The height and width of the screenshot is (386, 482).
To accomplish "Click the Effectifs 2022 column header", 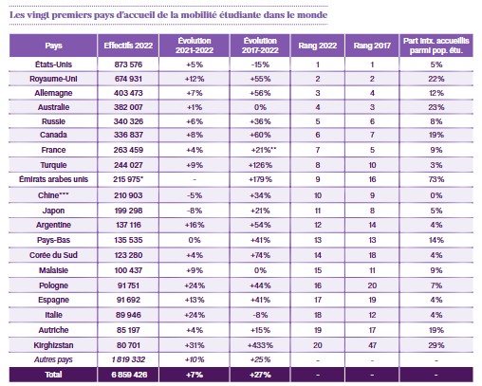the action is coord(128,46).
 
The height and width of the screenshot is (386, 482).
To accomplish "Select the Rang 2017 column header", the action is coord(372,46).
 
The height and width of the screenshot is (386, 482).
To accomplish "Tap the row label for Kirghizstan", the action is coord(53,345).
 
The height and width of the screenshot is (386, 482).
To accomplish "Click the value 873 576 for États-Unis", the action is coord(128,64).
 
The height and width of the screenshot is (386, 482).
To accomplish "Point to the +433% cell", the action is coord(260,345).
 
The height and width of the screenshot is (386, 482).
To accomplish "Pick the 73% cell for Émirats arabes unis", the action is coord(436,179).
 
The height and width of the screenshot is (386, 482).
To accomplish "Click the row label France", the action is coord(53,150).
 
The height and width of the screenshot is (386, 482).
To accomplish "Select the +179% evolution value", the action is coord(260,179).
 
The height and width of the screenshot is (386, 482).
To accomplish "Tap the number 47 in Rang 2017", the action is coord(372,345).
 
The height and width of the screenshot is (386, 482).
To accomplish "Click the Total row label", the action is coord(53,375).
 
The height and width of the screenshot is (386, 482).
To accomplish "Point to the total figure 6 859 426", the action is coord(129,375).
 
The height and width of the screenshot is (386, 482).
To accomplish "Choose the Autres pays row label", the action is coord(53,359).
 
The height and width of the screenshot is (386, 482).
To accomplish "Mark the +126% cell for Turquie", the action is coord(260,165).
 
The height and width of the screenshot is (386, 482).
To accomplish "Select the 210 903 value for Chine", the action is coord(128,195).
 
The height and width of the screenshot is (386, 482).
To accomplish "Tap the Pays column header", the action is coord(53,46).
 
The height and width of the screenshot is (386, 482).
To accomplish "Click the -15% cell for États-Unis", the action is coord(260,64).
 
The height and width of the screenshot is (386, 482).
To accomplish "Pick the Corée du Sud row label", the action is coord(53,255).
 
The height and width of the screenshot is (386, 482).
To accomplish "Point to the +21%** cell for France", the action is coord(264,150).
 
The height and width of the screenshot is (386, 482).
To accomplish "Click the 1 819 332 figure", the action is coord(128,359).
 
